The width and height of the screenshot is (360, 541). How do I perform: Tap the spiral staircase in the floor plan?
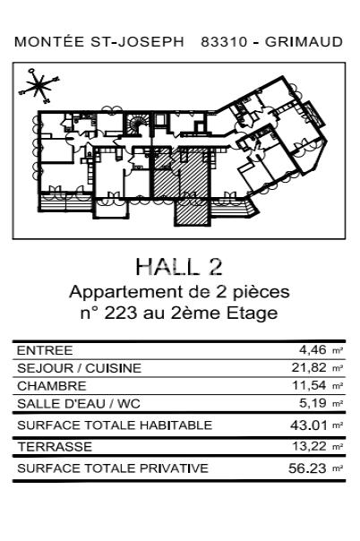pos(139,126)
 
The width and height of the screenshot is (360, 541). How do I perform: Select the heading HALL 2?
pos(179,266)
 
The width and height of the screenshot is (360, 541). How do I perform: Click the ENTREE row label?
pos(45,350)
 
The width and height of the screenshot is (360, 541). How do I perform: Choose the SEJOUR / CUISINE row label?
pos(79,368)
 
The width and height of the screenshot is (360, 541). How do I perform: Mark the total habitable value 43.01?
pos(308,425)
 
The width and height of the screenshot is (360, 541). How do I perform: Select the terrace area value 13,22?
pos(308,446)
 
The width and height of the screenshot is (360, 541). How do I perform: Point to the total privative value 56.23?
pos(308,468)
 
